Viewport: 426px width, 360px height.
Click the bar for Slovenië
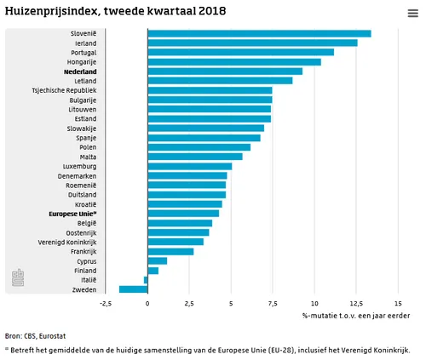(259, 33)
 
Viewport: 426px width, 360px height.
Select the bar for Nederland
(225, 71)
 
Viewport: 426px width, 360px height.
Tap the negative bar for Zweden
(133, 289)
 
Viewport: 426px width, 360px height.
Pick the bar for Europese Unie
(183, 213)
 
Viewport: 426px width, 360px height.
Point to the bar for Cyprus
(157, 260)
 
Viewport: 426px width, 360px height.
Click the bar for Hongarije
(234, 62)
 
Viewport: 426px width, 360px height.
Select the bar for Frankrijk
(170, 251)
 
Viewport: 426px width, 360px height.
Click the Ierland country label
(84, 43)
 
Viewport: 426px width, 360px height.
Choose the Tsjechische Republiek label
(64, 90)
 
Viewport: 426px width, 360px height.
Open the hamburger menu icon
(413, 13)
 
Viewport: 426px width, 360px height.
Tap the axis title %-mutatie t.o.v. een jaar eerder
(356, 316)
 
